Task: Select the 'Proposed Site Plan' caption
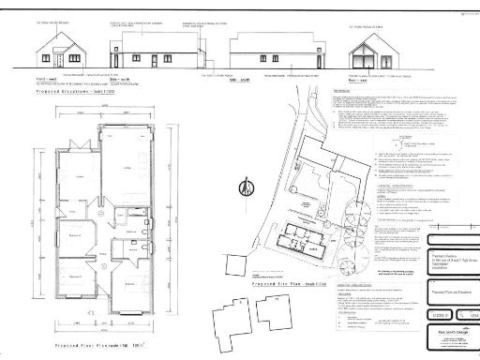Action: pyautogui.click(x=289, y=259)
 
